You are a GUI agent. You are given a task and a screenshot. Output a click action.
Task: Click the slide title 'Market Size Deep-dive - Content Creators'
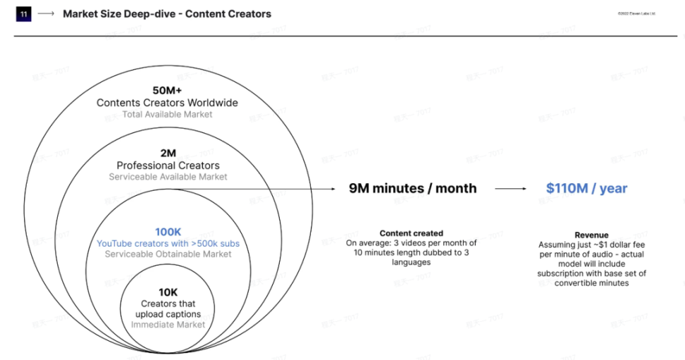(x=167, y=14)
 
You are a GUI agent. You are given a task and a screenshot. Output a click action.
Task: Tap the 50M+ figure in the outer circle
(x=167, y=90)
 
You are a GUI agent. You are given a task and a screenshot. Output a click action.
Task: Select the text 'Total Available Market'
(x=167, y=114)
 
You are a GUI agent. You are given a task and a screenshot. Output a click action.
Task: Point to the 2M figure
(x=168, y=154)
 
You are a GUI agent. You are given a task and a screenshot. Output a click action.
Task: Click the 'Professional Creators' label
(x=168, y=166)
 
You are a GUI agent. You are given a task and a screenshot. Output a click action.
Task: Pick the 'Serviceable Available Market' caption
(x=168, y=177)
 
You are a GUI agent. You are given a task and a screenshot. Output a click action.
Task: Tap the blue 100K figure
(x=168, y=231)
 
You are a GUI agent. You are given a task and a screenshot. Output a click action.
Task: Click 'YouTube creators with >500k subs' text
(x=168, y=243)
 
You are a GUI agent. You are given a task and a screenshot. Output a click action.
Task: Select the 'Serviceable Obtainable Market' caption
(x=168, y=254)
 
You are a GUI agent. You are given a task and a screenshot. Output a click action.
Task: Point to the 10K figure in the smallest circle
(x=168, y=292)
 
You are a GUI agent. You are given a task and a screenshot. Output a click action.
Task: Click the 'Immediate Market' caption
(x=168, y=325)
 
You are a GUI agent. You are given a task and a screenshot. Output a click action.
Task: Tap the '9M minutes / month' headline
(x=412, y=188)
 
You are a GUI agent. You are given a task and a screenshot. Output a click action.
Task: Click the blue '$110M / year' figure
(x=586, y=188)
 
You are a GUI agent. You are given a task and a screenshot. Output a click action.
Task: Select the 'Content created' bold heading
(x=412, y=233)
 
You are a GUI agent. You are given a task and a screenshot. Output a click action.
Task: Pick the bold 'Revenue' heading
(x=591, y=235)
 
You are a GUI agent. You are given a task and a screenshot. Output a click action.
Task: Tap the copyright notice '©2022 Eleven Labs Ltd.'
(x=637, y=13)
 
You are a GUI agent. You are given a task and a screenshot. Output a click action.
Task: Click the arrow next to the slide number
(x=47, y=14)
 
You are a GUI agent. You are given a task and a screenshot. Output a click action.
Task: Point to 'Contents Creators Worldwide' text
(x=167, y=103)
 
